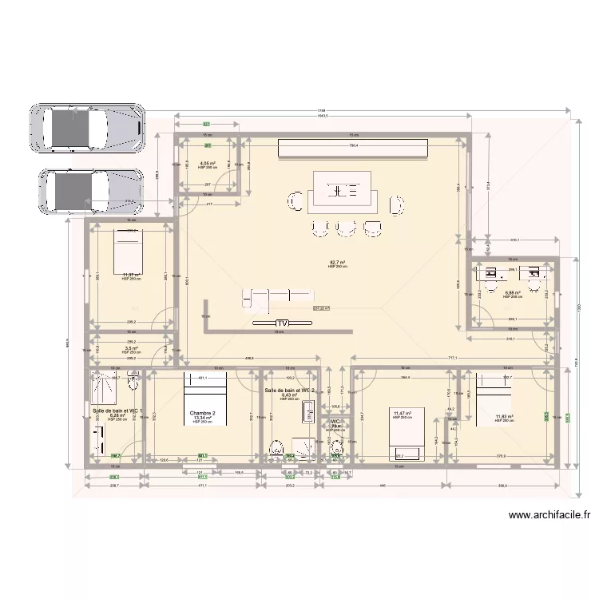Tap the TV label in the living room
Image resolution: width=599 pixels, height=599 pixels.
(x=280, y=323)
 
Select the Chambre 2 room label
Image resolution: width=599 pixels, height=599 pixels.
(x=203, y=413)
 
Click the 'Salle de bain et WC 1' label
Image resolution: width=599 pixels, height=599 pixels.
(x=117, y=410)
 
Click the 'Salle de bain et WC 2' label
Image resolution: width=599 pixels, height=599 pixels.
(x=290, y=390)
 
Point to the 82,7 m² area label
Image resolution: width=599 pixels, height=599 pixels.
(x=337, y=262)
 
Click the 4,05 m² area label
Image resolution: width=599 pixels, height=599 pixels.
(x=207, y=163)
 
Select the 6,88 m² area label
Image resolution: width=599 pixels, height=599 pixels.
(x=513, y=292)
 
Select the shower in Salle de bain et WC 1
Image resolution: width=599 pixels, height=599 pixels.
(x=105, y=384)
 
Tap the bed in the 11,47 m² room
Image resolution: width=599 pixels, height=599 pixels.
(x=407, y=435)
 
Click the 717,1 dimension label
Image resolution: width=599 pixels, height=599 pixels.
(x=452, y=358)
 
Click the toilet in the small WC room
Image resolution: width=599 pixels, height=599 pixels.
(x=335, y=452)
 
